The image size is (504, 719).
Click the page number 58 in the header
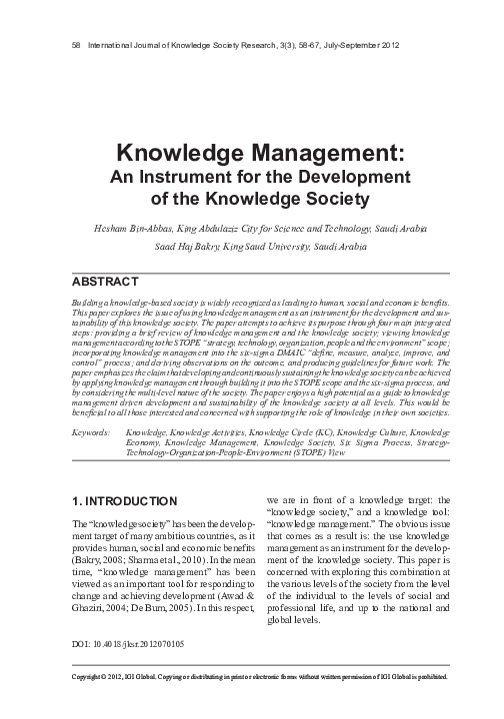click(x=65, y=44)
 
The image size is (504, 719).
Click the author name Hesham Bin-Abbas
click(x=135, y=228)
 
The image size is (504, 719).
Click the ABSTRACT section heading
click(x=104, y=281)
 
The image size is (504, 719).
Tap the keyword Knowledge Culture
click(x=372, y=432)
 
